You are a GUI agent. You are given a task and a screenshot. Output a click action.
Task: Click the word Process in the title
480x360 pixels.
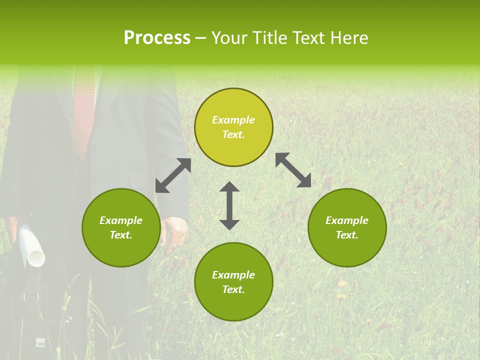click(x=157, y=38)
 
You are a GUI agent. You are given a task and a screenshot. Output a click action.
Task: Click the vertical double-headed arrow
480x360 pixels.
click(x=229, y=205)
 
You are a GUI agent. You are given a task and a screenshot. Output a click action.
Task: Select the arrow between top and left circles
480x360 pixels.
click(x=173, y=175)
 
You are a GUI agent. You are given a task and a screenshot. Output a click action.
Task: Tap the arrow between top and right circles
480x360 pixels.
click(x=293, y=170)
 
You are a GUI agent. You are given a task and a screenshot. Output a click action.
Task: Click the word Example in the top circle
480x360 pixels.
click(x=233, y=120)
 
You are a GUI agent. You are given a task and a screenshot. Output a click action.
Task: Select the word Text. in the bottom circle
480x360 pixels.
click(x=233, y=289)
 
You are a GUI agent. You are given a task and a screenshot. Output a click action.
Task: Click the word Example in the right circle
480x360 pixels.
click(x=347, y=220)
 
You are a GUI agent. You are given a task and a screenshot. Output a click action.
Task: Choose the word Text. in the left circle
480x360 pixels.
click(x=121, y=235)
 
